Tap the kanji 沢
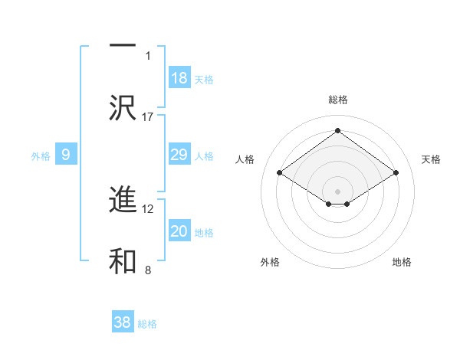click(x=123, y=107)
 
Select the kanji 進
click(x=123, y=201)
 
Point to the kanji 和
click(x=123, y=260)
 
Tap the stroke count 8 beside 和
click(x=148, y=270)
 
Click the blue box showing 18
click(x=179, y=78)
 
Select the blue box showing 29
click(x=179, y=155)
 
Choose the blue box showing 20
click(x=179, y=232)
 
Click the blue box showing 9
click(x=66, y=155)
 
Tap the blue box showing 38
click(x=123, y=322)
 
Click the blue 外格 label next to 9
click(x=41, y=156)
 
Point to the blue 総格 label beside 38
click(x=147, y=324)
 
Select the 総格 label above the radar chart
click(x=338, y=100)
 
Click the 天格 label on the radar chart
click(x=432, y=159)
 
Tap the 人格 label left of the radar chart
click(x=245, y=159)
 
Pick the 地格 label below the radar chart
click(x=402, y=262)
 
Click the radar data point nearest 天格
click(x=396, y=173)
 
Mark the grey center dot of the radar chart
click(x=338, y=191)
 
